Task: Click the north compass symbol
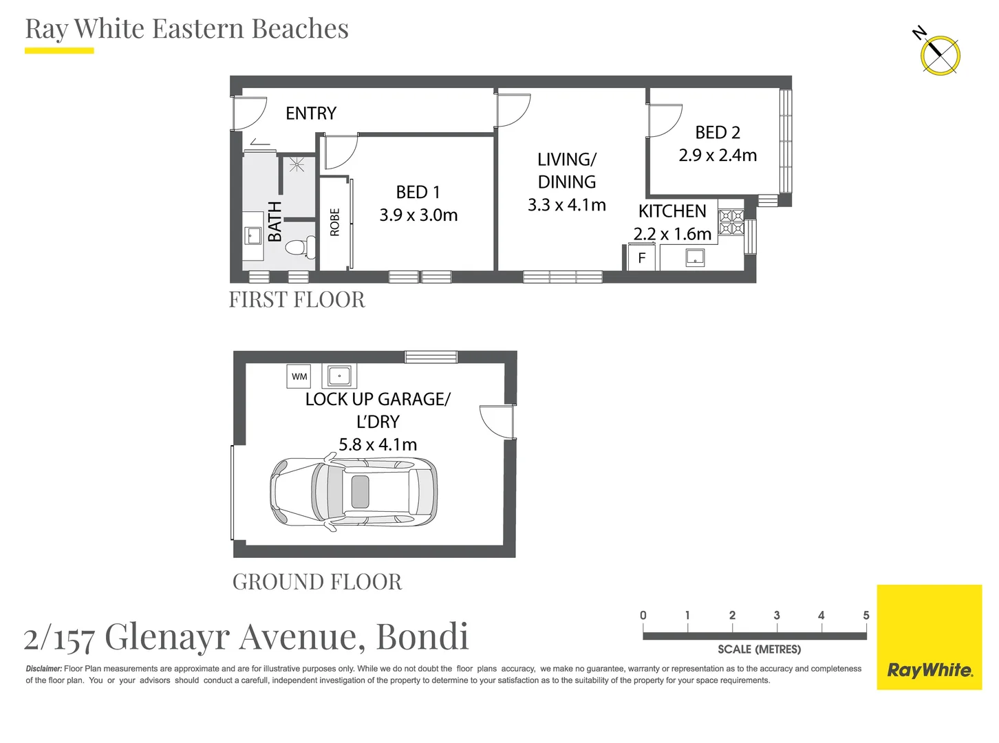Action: [940, 55]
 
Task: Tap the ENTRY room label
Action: [311, 114]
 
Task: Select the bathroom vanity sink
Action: [253, 235]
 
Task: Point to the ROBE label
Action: [335, 222]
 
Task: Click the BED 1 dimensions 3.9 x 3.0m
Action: [418, 215]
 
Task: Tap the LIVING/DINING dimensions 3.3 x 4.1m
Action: [566, 205]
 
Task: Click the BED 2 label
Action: [717, 132]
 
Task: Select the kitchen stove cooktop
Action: [731, 222]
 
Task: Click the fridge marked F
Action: [641, 258]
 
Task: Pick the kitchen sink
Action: [695, 257]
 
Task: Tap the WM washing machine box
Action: [299, 376]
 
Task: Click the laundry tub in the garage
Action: [339, 376]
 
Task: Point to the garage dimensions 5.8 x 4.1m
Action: [378, 445]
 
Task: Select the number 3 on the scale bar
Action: [776, 616]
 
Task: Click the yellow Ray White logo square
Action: [929, 636]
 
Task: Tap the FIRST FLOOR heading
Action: [297, 300]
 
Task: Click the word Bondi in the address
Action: [422, 636]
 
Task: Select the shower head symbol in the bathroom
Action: [297, 164]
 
